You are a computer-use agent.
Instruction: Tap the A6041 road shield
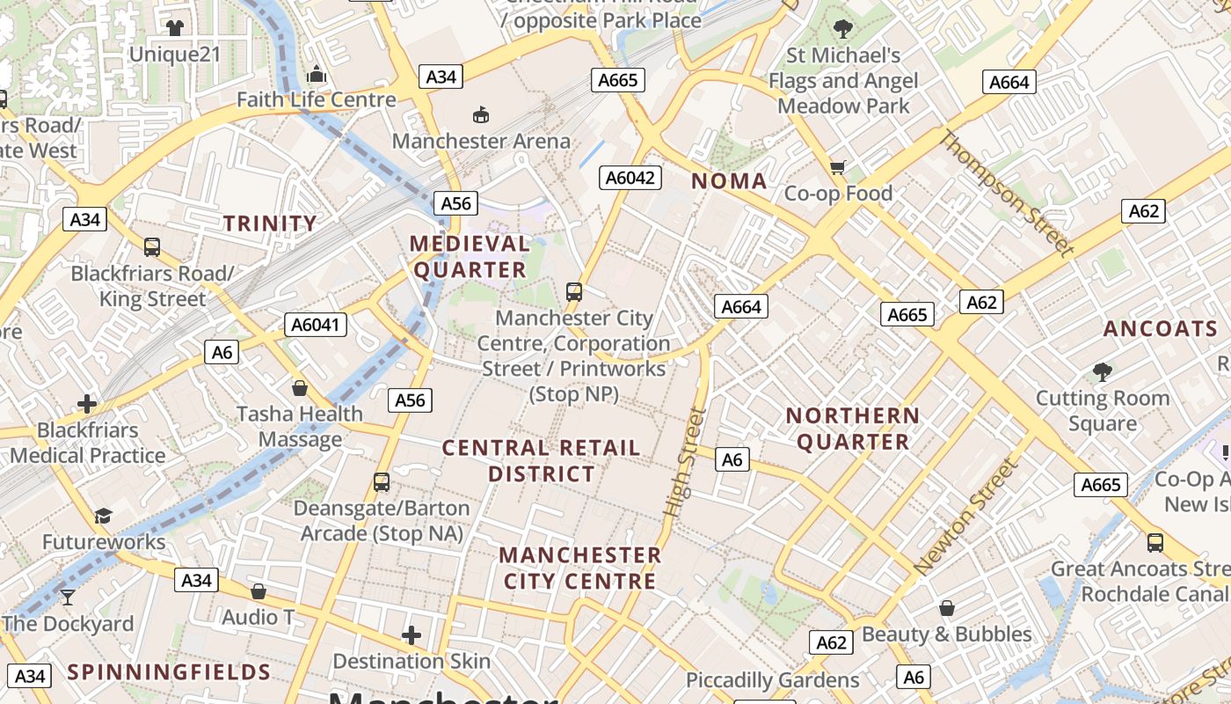(316, 325)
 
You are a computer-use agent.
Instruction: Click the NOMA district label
(729, 181)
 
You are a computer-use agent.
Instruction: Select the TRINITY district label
(269, 224)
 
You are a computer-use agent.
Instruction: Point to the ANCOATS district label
(1161, 329)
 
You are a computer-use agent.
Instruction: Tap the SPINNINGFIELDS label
(169, 672)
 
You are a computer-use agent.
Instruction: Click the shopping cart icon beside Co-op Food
(838, 167)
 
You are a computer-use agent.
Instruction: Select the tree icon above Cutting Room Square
(1103, 372)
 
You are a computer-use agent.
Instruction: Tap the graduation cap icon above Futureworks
(104, 516)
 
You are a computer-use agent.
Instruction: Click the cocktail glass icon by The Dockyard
(67, 598)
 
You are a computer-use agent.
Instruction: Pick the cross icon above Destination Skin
(412, 634)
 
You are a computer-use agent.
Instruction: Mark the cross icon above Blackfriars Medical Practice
(87, 404)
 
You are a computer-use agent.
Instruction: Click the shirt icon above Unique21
(174, 28)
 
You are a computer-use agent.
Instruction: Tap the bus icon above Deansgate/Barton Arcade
(381, 482)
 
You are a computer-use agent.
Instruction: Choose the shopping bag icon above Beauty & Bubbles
(946, 608)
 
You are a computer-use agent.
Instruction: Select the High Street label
(686, 461)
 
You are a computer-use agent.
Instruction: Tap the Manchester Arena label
(481, 141)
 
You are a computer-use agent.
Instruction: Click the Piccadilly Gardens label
(772, 680)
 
